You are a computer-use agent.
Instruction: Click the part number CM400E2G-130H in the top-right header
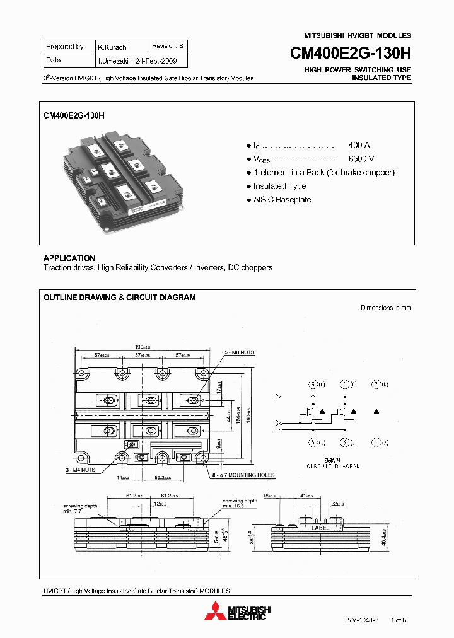click(350, 54)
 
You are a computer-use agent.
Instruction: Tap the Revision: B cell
click(168, 47)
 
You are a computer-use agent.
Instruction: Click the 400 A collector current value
click(359, 145)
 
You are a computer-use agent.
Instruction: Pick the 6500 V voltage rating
click(361, 159)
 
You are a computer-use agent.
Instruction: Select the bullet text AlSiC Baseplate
click(282, 200)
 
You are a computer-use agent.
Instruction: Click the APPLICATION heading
click(69, 258)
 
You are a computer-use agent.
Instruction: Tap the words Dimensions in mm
click(385, 308)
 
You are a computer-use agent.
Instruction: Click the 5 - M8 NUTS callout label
click(240, 352)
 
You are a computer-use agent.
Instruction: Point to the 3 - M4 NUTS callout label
click(81, 470)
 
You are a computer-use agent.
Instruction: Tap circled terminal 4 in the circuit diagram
click(344, 384)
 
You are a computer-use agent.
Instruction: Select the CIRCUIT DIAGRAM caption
click(333, 467)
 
